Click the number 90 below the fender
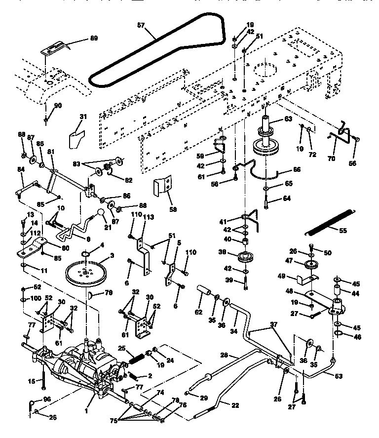[x=58, y=106]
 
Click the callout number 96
[x=47, y=398]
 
